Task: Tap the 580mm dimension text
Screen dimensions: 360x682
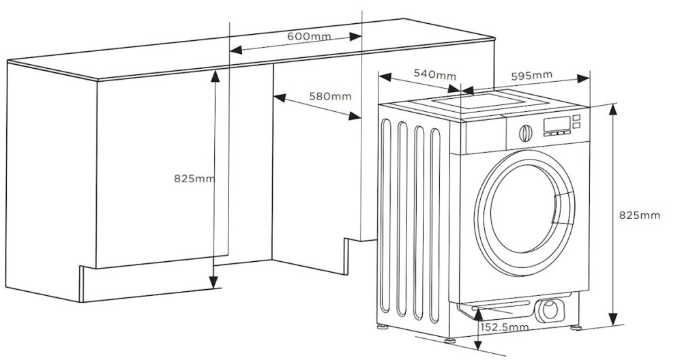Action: coord(330,96)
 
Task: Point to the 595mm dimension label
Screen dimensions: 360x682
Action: coord(531,74)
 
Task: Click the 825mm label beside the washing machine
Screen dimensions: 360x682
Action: coord(639,215)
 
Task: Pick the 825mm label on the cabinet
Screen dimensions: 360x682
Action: coord(194,179)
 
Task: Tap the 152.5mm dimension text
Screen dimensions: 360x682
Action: coord(505,327)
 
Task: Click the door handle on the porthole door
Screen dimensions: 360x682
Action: coord(562,207)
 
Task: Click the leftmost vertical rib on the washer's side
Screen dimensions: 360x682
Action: coord(389,218)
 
